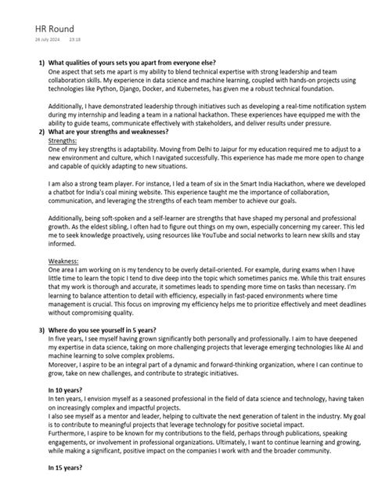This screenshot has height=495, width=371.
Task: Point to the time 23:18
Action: (x=76, y=38)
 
